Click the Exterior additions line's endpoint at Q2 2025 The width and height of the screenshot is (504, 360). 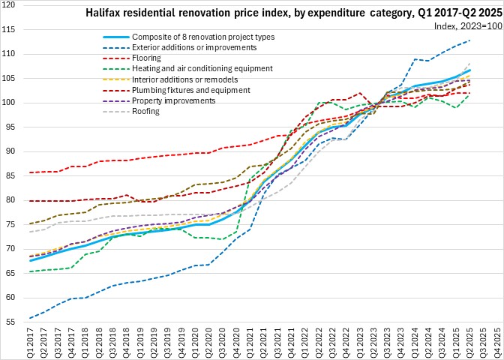(x=469, y=40)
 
